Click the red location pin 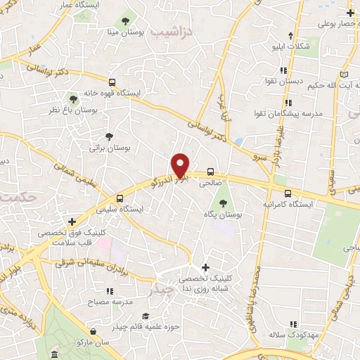point(181,165)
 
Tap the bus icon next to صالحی point(210,172)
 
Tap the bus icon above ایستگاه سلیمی point(120,198)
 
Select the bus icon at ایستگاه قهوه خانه point(112,83)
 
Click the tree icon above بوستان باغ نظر point(73,99)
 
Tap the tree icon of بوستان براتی point(109,136)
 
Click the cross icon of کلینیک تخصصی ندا point(205,267)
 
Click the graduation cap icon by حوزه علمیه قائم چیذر point(145,316)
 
